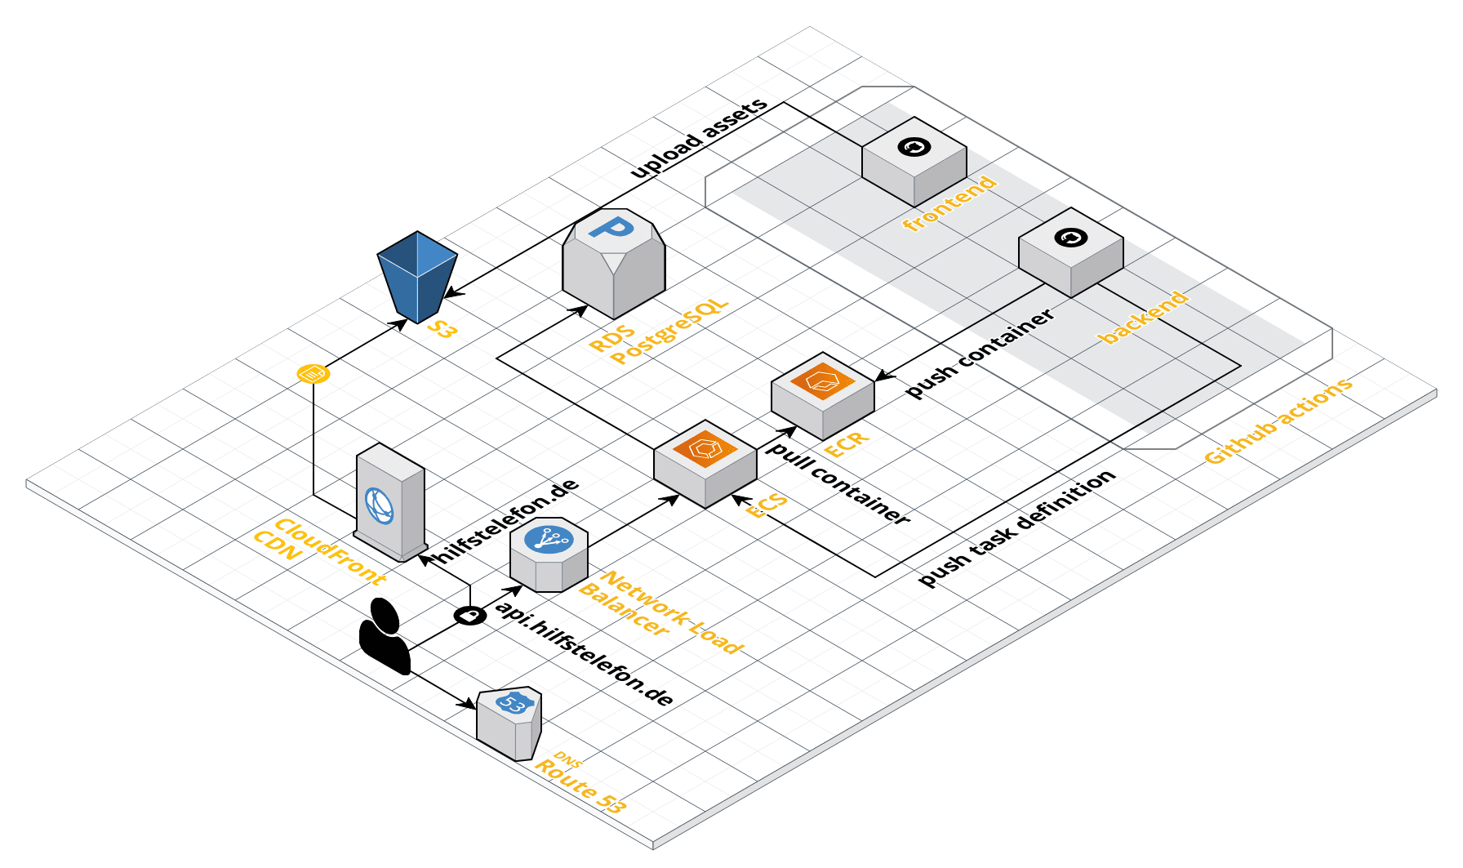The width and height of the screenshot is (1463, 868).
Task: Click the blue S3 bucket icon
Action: tap(417, 276)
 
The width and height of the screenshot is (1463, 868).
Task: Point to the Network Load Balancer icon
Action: tap(549, 554)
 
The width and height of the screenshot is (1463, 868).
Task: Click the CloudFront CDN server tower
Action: tap(391, 503)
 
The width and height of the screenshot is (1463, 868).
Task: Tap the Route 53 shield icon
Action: tap(509, 722)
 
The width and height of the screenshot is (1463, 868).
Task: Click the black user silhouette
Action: tap(385, 637)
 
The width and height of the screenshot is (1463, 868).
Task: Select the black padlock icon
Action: tap(470, 615)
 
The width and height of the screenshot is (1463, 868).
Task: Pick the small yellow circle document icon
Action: tap(313, 374)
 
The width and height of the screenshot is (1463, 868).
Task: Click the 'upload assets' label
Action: tap(700, 137)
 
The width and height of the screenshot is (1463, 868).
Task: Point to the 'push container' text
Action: tap(980, 353)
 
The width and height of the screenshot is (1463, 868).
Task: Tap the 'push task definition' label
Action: tap(1016, 527)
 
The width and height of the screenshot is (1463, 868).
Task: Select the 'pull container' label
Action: tap(838, 483)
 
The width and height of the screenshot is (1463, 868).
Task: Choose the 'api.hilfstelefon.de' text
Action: tap(585, 654)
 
